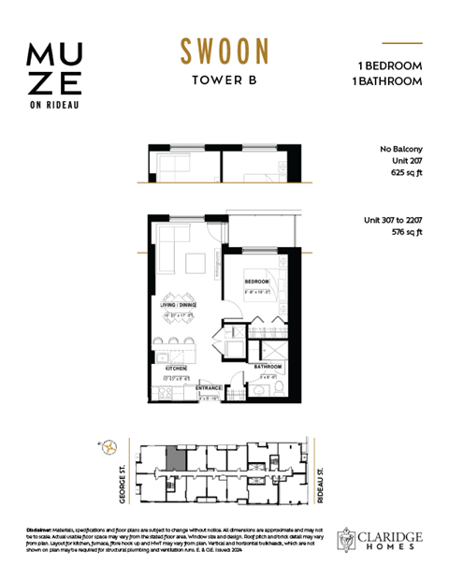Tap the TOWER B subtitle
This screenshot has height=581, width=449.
(x=224, y=80)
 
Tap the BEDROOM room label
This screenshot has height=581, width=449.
(x=257, y=282)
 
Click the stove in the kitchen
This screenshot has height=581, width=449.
(x=164, y=390)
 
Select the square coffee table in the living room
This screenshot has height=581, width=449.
(x=196, y=262)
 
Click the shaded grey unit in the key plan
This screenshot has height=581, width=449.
(x=174, y=460)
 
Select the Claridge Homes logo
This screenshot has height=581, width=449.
(x=379, y=538)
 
